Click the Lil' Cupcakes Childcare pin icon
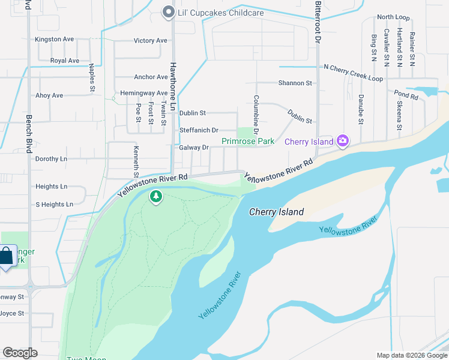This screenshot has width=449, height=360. coord(168,12)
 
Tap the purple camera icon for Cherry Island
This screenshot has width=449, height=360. coord(343,141)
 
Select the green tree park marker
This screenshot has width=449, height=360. coord(156,196)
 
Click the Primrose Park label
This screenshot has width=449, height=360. coord(248,142)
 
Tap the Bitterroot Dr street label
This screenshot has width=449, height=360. coord(318,22)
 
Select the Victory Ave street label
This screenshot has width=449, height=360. coord(151,41)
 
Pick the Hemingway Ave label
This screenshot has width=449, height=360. coord(144,94)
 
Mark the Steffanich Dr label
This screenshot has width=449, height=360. coord(199,130)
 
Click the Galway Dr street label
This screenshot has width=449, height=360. coord(193,148)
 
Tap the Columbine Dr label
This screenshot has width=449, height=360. coord(256,114)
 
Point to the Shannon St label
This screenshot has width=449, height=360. coord(295,83)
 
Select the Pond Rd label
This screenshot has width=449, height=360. coord(406,95)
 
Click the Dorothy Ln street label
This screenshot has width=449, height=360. coord(51,159)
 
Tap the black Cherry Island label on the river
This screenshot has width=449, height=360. coord(277,212)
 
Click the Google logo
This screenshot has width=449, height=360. coord(20,353)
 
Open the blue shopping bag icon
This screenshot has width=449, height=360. coord(6,256)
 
